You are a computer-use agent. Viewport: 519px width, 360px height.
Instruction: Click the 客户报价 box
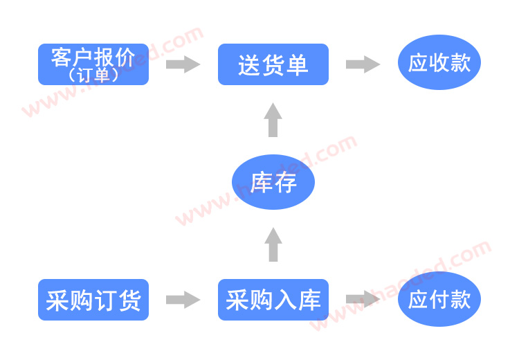pos(93,64)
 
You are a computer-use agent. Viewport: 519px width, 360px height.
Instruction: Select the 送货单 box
pos(273,64)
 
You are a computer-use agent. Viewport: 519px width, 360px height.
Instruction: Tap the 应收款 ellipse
pos(439,62)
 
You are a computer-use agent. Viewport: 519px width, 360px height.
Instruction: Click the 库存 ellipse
pos(273,182)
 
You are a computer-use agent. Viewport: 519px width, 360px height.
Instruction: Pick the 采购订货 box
pos(93,300)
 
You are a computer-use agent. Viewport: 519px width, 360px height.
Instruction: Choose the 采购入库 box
pos(273,300)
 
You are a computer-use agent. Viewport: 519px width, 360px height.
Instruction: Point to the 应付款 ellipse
pos(439,300)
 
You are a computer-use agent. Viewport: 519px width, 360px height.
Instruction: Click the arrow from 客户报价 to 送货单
pos(183,64)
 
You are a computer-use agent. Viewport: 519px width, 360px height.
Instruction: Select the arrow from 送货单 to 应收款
pos(363,64)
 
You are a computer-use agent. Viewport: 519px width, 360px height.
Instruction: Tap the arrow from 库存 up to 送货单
pos(273,120)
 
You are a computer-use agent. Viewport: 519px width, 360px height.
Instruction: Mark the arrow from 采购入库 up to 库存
pos(273,244)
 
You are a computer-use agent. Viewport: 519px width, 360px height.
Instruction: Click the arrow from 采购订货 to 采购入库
pos(183,300)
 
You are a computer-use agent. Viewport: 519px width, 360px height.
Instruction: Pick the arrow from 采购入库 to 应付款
pos(363,300)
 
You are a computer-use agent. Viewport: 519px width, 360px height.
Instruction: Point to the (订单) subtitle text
pos(93,75)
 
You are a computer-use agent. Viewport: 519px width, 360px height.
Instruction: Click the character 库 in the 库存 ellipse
pos(262,183)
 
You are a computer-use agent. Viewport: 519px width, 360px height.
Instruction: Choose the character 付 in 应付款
pos(439,300)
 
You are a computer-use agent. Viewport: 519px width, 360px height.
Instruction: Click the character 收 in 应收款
pos(439,63)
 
